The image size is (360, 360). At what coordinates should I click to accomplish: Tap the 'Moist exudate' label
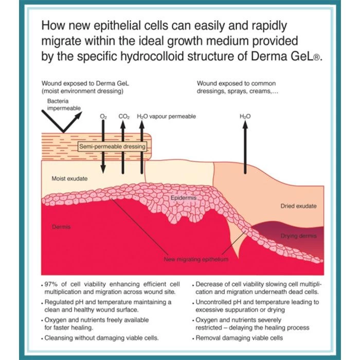coord(69,178)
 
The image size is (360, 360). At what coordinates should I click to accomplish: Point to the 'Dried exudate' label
coord(298,206)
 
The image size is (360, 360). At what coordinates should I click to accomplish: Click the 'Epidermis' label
coord(183,197)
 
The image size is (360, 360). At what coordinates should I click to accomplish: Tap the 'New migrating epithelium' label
coord(196,259)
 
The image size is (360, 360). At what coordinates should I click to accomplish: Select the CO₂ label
coord(124,117)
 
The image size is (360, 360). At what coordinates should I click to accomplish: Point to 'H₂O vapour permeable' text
coord(166,117)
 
